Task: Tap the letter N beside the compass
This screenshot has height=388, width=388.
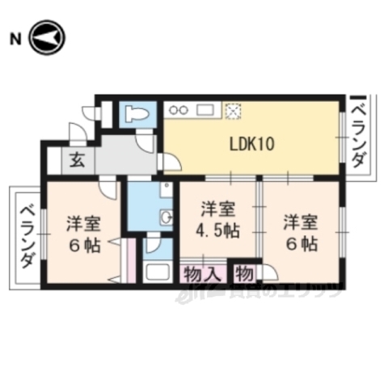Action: tap(14, 38)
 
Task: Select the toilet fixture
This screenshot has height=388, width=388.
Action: tap(136, 112)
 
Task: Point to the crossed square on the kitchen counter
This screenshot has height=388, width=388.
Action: tap(233, 110)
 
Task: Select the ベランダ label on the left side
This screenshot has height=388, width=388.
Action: tap(25, 234)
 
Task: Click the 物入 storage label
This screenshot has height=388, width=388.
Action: tap(202, 272)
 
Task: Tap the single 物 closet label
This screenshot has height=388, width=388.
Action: tap(245, 272)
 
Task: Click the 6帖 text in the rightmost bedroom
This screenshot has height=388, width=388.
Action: tap(299, 242)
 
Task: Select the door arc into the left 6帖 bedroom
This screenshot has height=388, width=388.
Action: tap(108, 188)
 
